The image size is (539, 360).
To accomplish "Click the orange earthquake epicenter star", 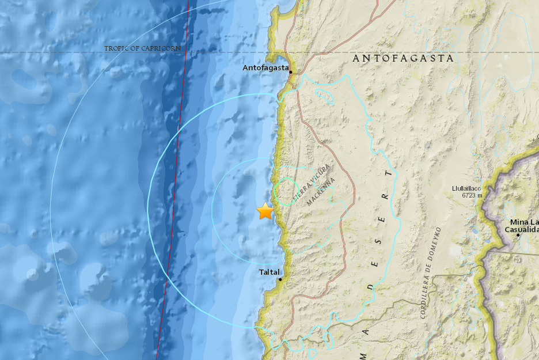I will pyautogui.click(x=265, y=211).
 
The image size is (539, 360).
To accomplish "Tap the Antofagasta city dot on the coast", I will pyautogui.click(x=291, y=72).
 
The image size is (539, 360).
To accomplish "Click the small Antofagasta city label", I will pyautogui.click(x=265, y=69).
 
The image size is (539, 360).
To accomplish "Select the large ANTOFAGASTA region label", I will pyautogui.click(x=403, y=58).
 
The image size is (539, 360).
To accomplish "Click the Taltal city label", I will pyautogui.click(x=269, y=272).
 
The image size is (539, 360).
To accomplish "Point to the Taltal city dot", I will pyautogui.click(x=280, y=279).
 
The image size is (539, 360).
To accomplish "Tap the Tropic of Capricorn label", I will pyautogui.click(x=143, y=48).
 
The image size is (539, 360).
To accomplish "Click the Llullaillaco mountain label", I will pyautogui.click(x=466, y=188).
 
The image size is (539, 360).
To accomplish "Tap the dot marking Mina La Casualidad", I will pyautogui.click(x=518, y=235).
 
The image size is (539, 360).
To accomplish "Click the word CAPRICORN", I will pyautogui.click(x=164, y=48).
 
